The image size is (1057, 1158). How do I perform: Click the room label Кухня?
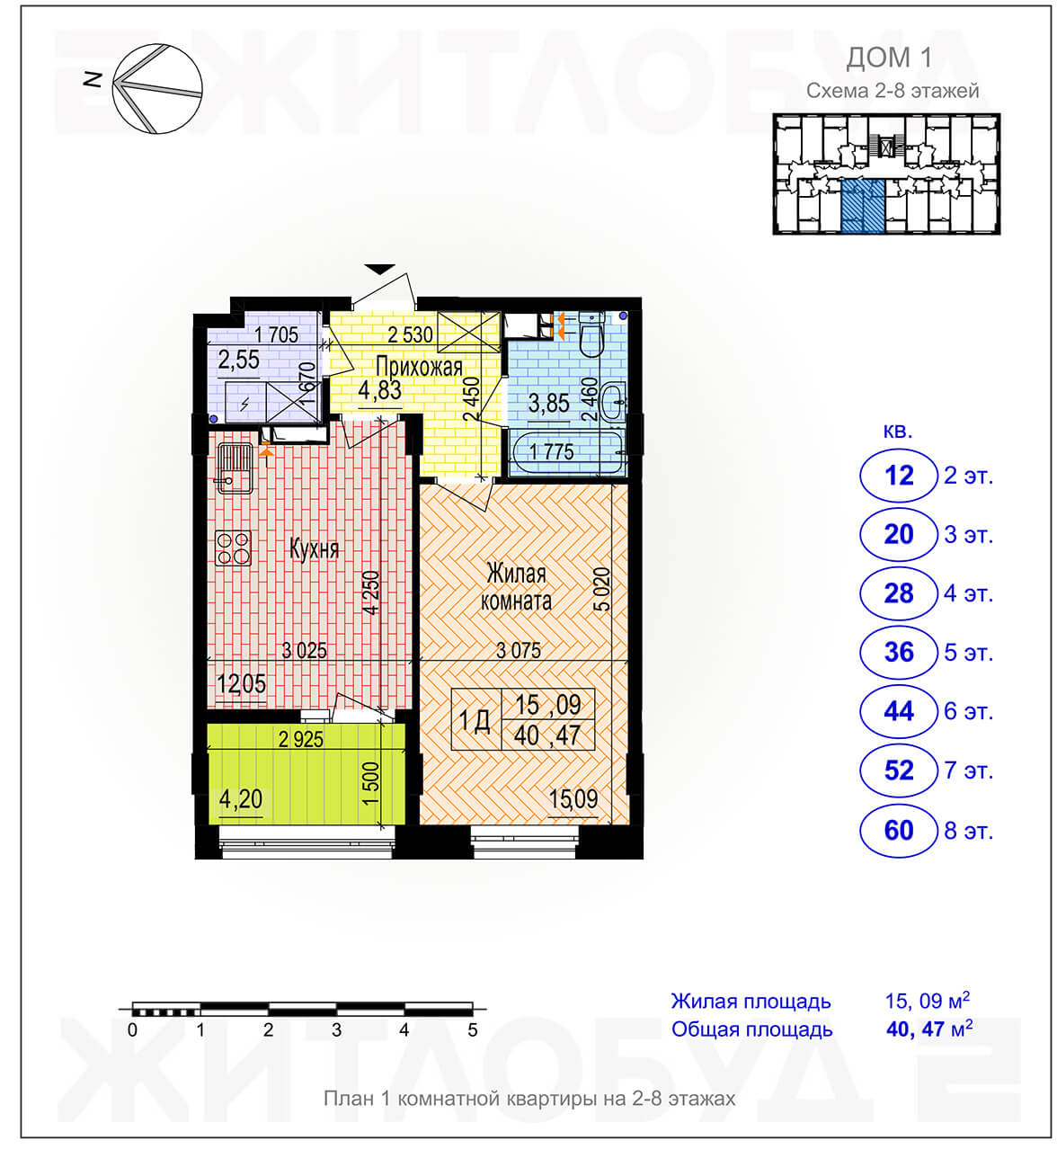314,549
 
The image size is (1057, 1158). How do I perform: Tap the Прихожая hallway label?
419,367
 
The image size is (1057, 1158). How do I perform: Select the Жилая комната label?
516,587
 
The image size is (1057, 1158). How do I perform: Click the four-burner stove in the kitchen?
233,548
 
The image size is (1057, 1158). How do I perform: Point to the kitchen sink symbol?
235,468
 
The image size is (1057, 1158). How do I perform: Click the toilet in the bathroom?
591,334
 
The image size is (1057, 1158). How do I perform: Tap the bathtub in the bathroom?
567,453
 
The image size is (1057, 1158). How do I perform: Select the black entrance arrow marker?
379,269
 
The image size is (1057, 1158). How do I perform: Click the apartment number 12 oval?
898,476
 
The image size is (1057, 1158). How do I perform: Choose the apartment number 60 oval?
898,831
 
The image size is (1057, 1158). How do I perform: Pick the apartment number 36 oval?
898,653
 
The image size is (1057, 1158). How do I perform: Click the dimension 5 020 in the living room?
601,590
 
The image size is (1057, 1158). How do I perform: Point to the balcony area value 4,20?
241,799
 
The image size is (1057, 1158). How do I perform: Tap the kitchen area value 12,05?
241,684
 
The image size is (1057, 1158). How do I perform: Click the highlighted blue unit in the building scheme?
863,206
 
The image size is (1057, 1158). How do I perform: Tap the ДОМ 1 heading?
889,58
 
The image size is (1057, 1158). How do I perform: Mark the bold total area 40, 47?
916,1029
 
